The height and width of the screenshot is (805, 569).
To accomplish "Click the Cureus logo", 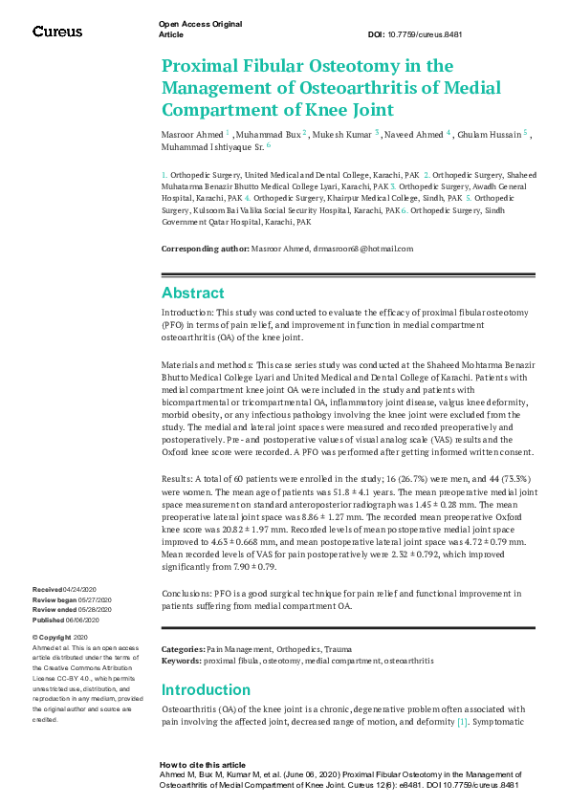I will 57,32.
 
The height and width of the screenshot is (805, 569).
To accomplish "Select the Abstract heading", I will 193,293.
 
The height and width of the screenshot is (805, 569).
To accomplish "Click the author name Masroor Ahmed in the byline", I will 190,135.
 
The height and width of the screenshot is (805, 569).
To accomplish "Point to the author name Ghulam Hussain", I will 487,135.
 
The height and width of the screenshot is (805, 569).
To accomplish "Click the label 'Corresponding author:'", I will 205,249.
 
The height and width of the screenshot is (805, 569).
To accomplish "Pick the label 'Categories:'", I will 184,649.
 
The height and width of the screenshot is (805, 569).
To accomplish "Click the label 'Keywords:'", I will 182,661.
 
